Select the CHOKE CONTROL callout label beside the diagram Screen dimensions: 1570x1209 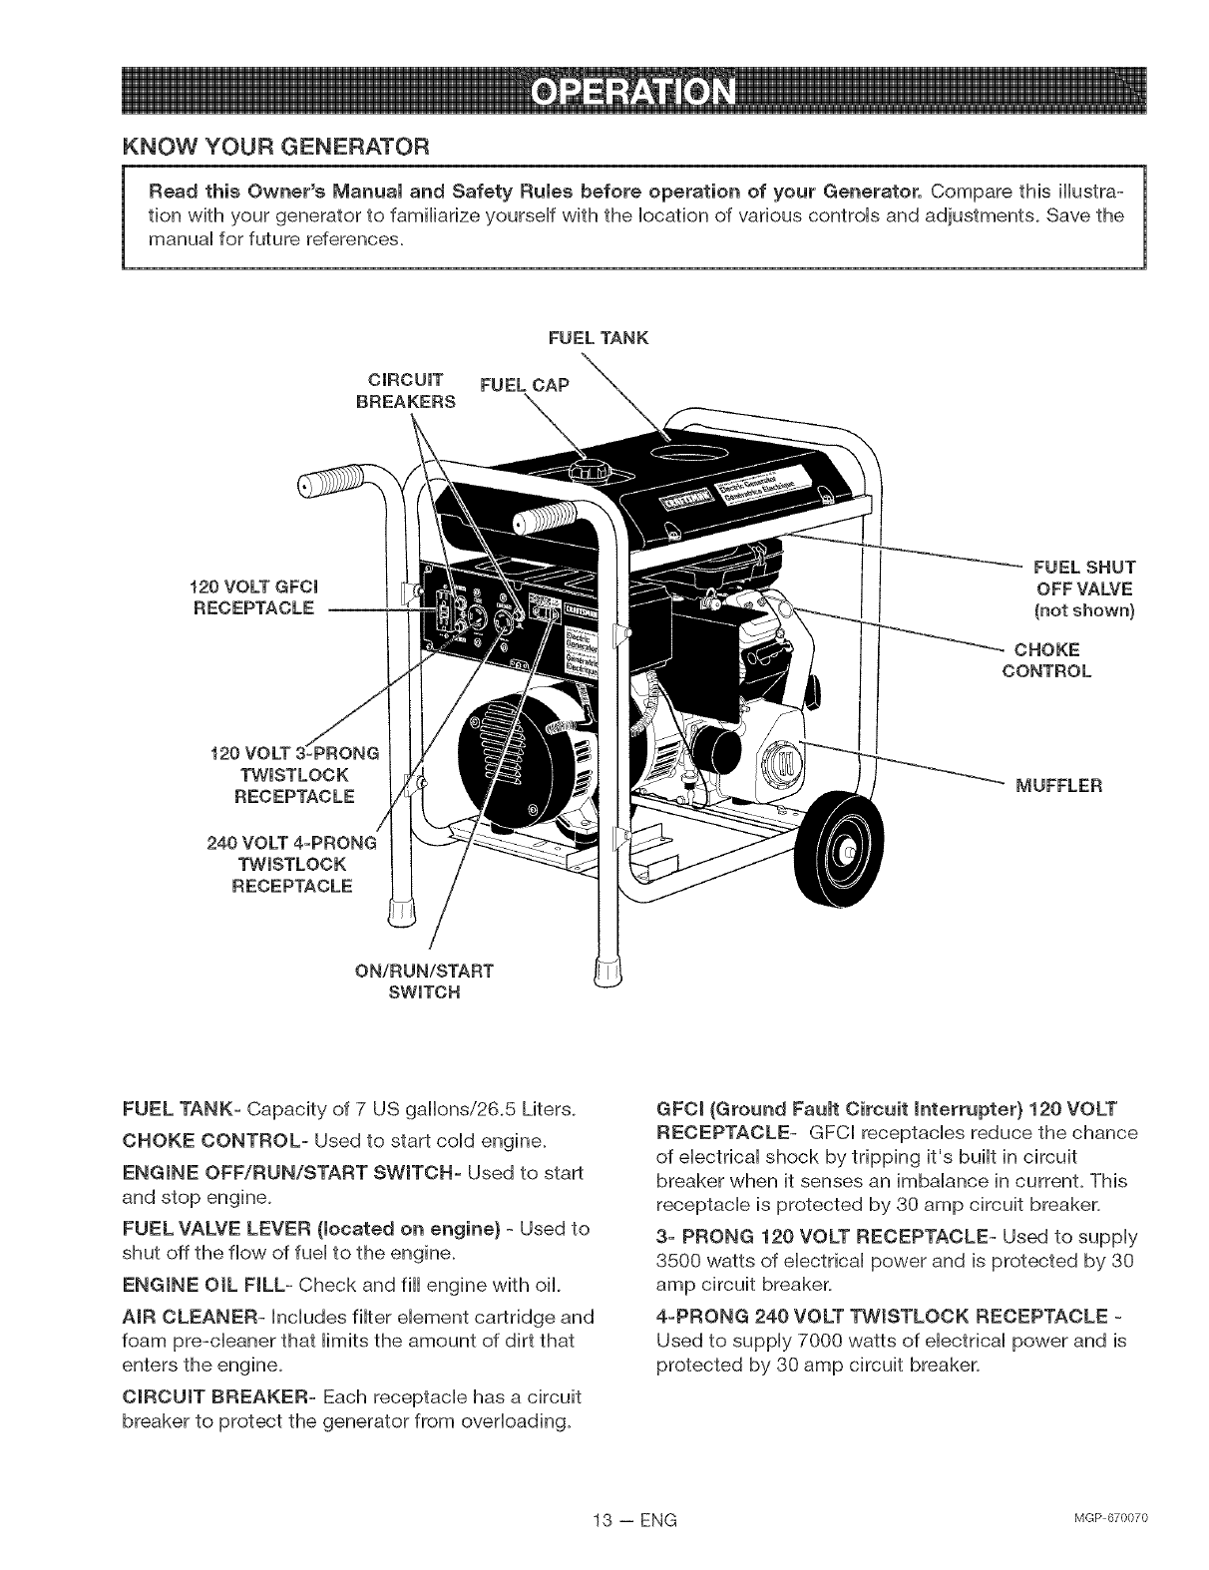(x=1046, y=660)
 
